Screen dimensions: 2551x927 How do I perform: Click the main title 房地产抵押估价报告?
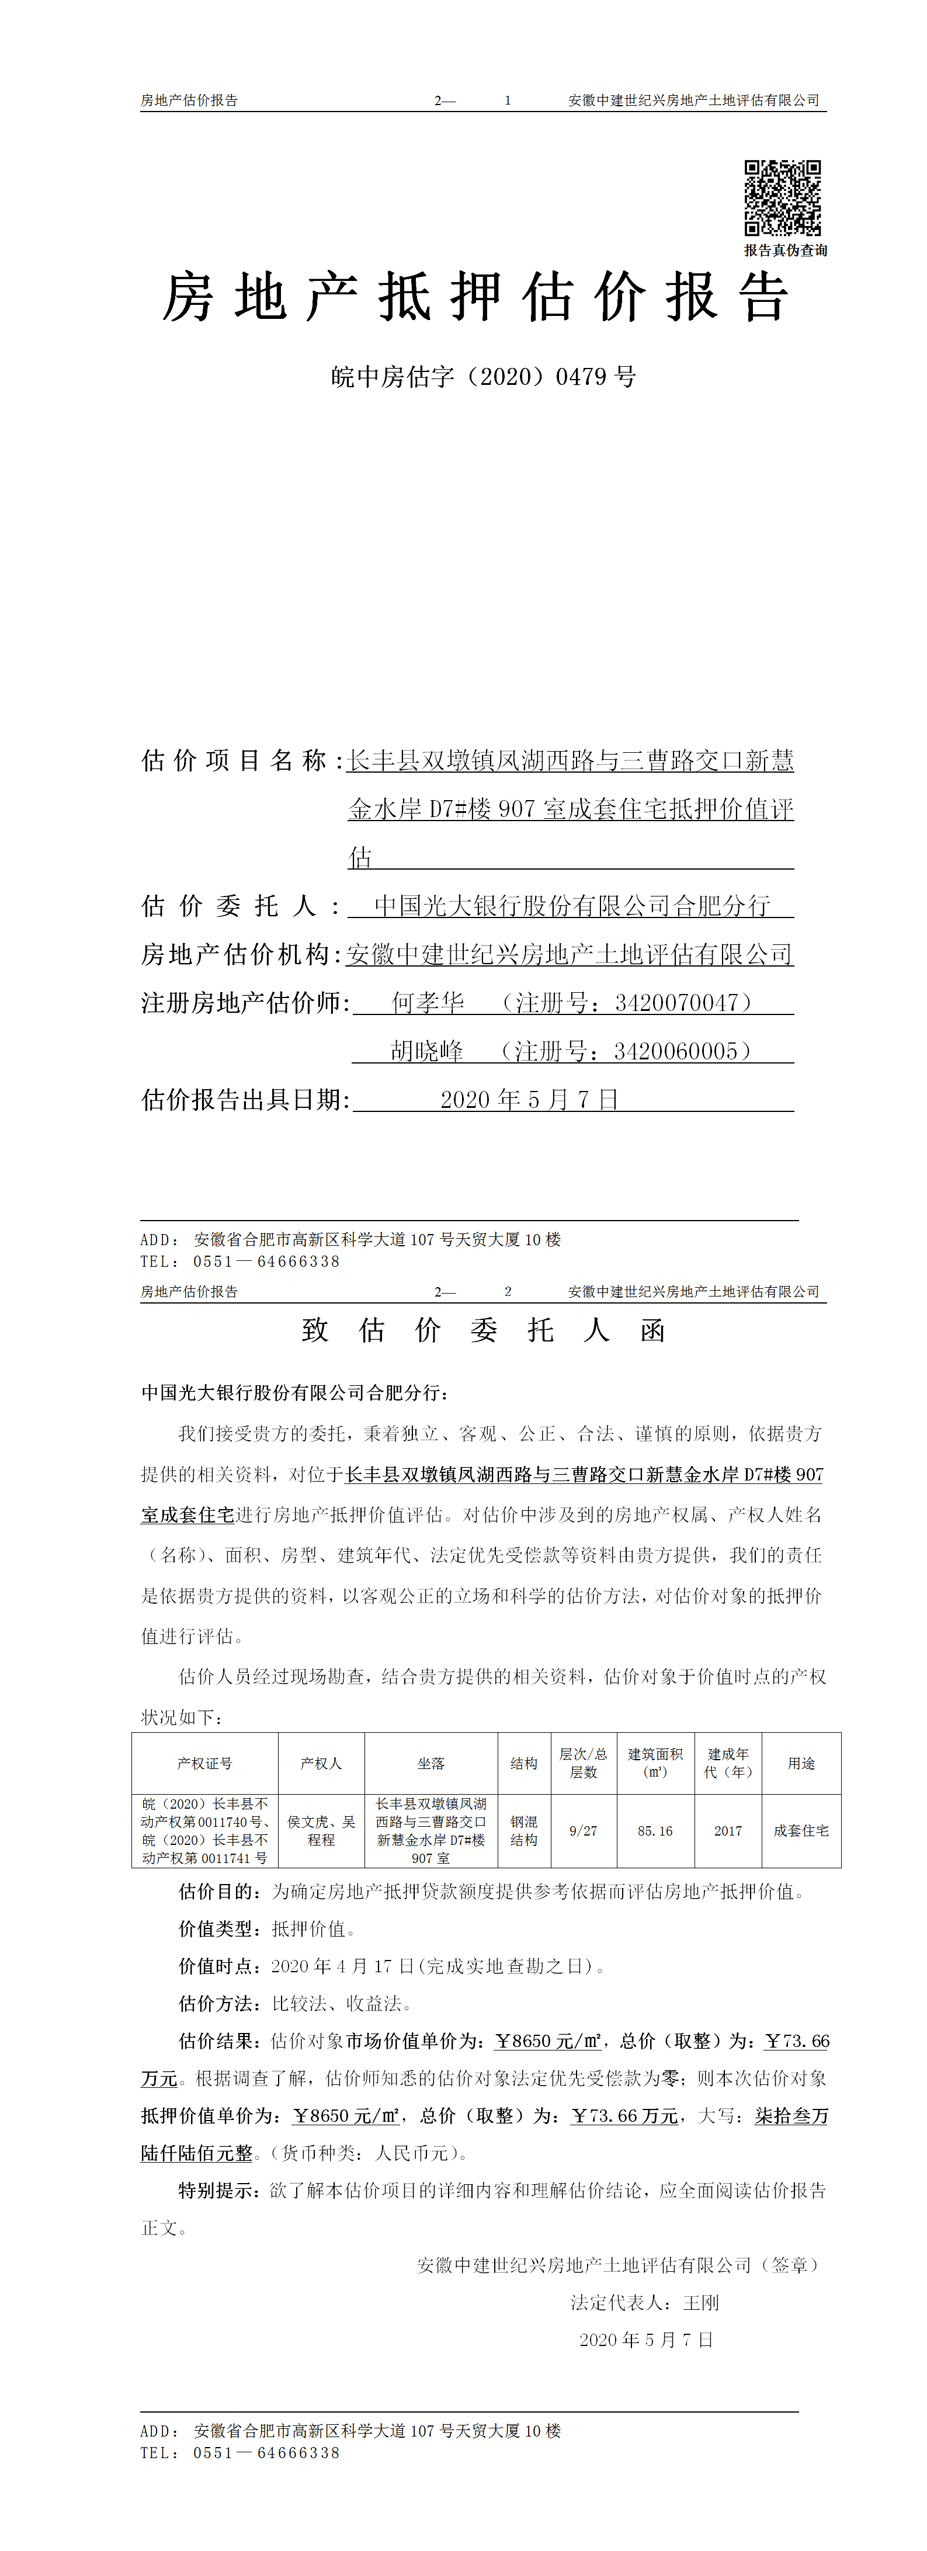click(x=475, y=297)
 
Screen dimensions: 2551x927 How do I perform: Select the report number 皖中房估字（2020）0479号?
click(x=483, y=376)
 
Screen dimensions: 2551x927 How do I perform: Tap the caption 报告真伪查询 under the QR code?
click(x=786, y=251)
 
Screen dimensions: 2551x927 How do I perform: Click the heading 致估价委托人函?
click(x=483, y=1330)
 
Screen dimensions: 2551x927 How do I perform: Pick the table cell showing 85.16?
click(x=655, y=1831)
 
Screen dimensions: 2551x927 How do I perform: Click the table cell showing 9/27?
click(x=584, y=1831)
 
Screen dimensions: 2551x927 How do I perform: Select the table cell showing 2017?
click(x=728, y=1831)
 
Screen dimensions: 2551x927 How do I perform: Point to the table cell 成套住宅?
click(x=801, y=1831)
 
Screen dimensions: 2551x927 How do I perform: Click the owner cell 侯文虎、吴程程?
click(x=321, y=1831)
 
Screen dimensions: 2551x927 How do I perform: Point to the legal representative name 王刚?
click(x=701, y=2302)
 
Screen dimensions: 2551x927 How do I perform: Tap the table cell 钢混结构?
click(x=524, y=1831)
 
